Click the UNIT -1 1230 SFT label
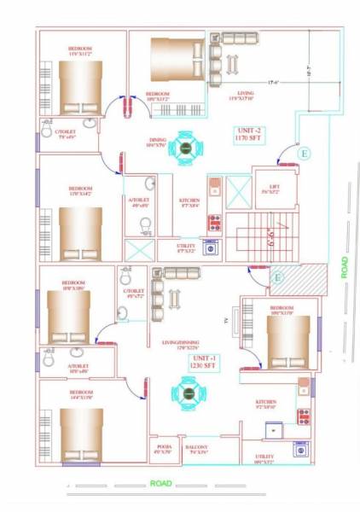[x=202, y=363]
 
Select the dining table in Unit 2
[x=187, y=147]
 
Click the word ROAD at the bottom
[x=161, y=483]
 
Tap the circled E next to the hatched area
[x=277, y=276]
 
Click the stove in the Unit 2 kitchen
[x=214, y=223]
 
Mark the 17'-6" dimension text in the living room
[x=273, y=82]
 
